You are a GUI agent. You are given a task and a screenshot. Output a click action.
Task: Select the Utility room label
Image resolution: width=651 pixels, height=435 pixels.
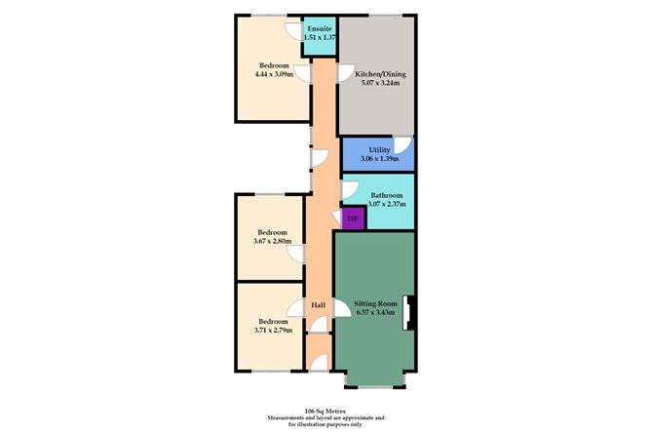coord(379,149)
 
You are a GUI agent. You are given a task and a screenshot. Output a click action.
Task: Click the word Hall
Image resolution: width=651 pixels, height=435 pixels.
coord(319,305)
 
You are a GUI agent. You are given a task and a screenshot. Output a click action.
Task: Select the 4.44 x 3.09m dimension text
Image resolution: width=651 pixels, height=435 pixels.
coord(273,74)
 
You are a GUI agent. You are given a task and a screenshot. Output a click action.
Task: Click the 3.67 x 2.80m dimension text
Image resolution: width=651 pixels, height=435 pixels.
coord(272,241)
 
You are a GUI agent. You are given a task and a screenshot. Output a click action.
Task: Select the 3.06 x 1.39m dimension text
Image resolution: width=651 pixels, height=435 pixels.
coord(379,158)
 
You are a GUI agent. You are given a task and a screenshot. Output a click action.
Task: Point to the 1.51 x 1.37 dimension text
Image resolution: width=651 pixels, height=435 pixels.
coord(320,37)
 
